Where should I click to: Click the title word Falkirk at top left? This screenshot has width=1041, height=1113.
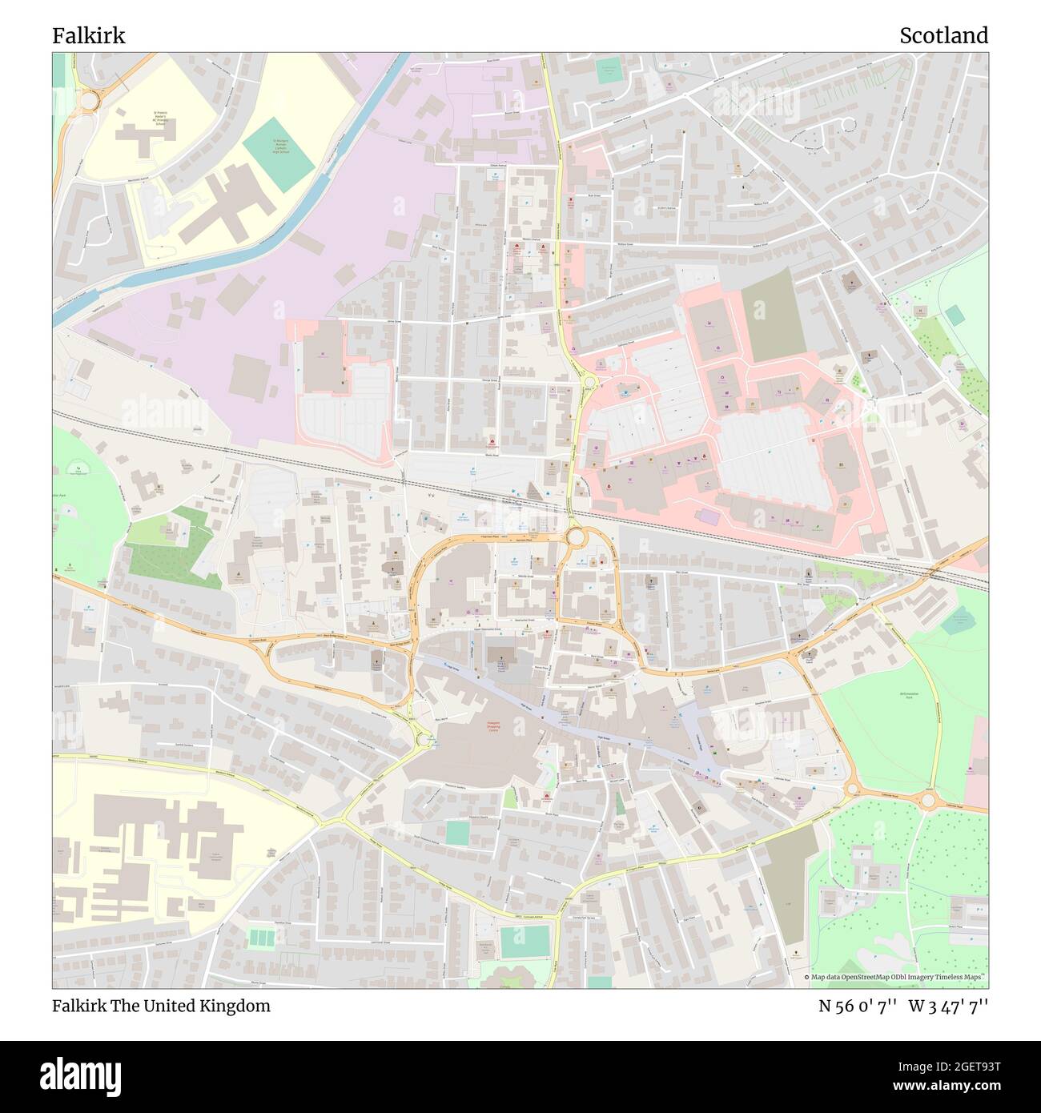88,35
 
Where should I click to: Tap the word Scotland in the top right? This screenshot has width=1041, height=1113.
943,35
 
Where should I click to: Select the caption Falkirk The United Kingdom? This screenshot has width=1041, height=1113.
161,1006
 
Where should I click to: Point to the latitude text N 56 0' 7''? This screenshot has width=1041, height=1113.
858,1006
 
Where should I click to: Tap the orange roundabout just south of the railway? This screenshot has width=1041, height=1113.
574,536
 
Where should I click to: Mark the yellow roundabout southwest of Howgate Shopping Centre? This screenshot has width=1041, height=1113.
423,741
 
